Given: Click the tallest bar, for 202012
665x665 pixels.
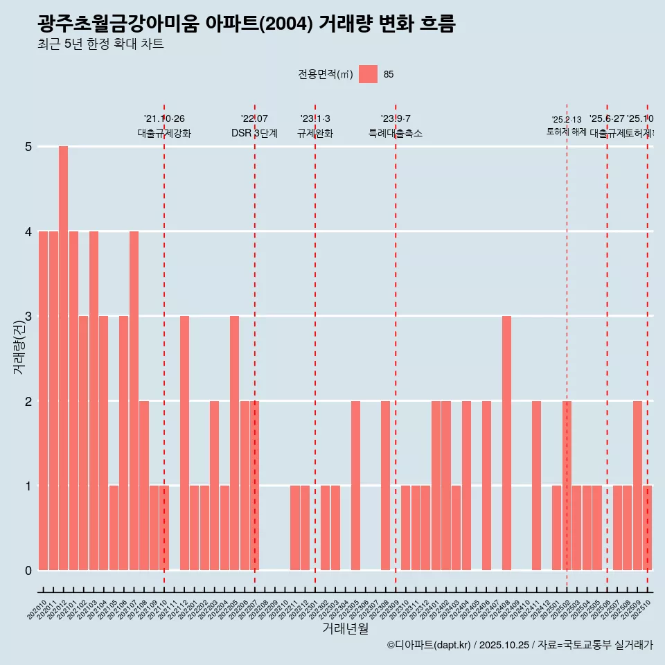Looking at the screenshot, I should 63,358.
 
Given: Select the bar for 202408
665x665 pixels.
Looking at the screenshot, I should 506,443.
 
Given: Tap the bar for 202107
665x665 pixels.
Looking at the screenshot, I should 134,400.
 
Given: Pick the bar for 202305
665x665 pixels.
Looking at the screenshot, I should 355,485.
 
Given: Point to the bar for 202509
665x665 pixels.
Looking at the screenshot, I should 637,485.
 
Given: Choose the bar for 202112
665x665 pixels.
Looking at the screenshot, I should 184,443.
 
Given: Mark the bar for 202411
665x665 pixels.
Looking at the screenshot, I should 537,485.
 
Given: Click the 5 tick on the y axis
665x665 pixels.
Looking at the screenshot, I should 28,147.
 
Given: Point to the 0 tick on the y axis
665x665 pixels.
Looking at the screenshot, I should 28,570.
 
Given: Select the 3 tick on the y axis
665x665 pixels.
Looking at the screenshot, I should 28,317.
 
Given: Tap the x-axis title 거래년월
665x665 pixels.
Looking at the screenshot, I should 345,628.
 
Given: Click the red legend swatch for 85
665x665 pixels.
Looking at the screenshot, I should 368,74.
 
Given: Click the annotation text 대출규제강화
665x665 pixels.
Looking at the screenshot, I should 164,133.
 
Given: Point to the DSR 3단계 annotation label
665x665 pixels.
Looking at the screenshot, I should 254,133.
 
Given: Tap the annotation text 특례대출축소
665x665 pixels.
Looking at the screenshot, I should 396,133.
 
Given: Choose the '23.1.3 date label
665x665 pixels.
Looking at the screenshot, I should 315,119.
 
